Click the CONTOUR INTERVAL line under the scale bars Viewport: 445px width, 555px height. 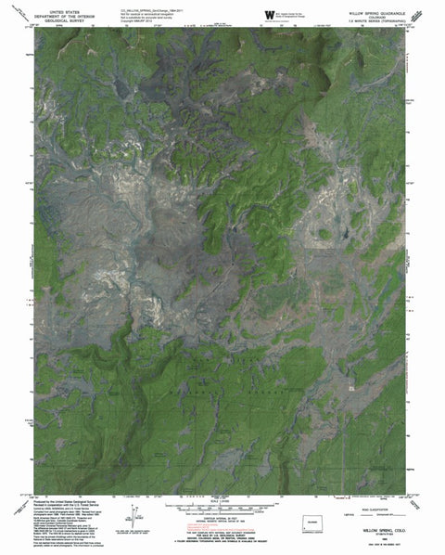coord(222,521)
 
